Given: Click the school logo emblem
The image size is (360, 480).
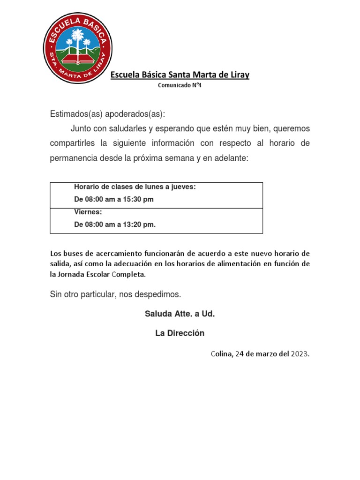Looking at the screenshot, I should (77, 48).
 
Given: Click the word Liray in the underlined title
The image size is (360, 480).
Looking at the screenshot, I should (239, 75).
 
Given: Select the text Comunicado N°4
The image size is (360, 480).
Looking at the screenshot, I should (180, 85).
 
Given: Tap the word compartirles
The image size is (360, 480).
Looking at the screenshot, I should (73, 143).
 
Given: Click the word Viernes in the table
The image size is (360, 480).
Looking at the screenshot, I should (88, 212).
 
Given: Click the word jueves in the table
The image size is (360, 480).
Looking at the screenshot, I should (184, 187).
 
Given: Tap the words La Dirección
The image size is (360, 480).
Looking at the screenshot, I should (180, 333).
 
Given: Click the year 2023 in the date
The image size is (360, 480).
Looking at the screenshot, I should (300, 354).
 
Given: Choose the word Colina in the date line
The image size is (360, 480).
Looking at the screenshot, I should (221, 354).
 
